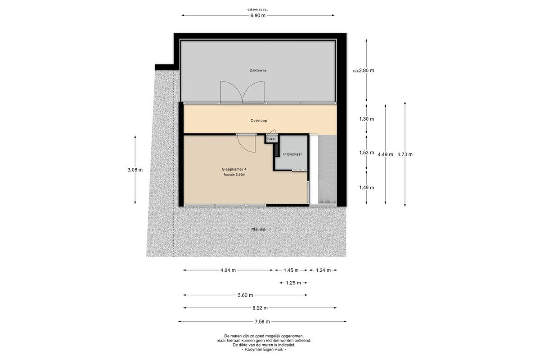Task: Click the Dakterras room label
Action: [258, 70]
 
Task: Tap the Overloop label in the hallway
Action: [259, 121]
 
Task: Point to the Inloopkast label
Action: [292, 154]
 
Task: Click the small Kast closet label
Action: [271, 139]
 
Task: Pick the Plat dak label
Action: [259, 229]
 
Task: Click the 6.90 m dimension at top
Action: [258, 16]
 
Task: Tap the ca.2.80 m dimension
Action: [364, 71]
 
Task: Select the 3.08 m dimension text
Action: [135, 170]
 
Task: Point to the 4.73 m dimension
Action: [405, 154]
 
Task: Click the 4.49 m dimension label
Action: [385, 154]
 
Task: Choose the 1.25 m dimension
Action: [293, 283]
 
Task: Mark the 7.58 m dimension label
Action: [262, 322]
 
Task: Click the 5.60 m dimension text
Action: [245, 295]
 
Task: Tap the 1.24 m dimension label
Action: [323, 270]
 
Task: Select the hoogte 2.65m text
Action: [234, 175]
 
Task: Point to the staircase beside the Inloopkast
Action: [327, 170]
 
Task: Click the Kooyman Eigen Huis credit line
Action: [264, 350]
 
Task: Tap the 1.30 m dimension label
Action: [366, 119]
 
